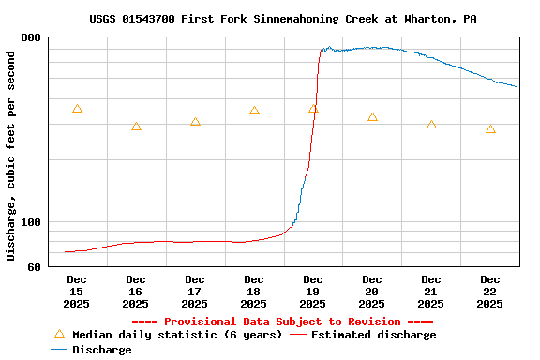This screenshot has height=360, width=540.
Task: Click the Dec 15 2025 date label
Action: [x=77, y=291]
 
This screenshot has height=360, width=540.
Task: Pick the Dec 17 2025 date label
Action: [x=195, y=291]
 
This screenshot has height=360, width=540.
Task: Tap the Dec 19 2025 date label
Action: [x=313, y=291]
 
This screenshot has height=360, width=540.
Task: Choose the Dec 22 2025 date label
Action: [x=490, y=291]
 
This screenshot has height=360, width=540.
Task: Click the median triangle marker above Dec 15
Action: [x=77, y=109]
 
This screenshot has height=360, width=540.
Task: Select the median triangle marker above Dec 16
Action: [x=136, y=127]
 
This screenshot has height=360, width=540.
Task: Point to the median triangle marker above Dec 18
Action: [x=254, y=111]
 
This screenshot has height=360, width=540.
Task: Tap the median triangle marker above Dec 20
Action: [x=372, y=117]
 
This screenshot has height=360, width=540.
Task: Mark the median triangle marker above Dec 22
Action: [x=490, y=129]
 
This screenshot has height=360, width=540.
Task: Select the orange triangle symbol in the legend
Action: [x=59, y=334]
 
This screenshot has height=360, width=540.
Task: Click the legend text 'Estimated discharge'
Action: [x=373, y=335]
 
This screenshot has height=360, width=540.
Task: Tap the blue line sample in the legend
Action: [x=59, y=350]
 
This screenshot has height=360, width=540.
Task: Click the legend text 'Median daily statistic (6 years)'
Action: [x=177, y=335]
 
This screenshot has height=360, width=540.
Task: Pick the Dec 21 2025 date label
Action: [x=431, y=291]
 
